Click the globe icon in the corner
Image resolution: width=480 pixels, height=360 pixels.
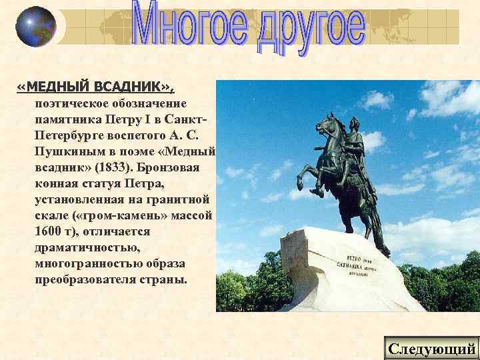point(35,26)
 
